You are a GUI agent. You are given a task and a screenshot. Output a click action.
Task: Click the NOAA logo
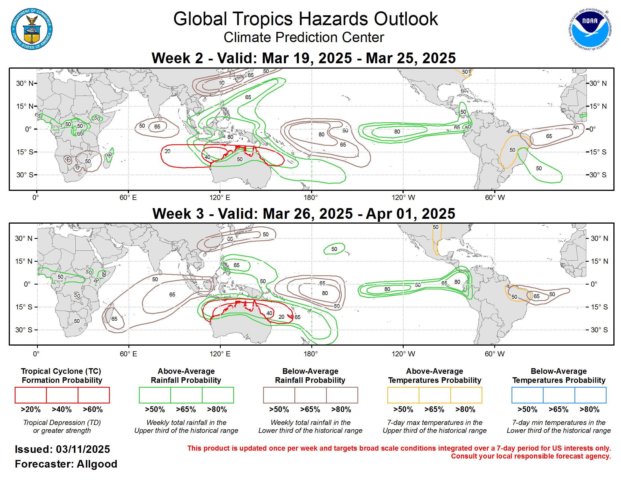[589, 29]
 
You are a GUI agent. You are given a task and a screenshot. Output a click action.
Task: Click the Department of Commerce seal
[32, 29]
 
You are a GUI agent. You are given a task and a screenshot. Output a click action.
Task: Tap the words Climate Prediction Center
[303, 38]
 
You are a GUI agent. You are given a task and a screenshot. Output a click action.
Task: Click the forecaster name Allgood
[97, 464]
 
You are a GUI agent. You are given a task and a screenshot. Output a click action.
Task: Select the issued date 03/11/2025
[83, 449]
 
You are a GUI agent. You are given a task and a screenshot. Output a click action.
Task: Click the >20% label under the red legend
[30, 409]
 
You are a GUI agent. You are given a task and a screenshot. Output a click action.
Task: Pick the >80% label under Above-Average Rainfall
[217, 409]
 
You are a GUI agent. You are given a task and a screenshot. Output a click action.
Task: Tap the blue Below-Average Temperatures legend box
[558, 395]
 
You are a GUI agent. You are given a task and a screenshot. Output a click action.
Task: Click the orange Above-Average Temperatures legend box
[434, 395]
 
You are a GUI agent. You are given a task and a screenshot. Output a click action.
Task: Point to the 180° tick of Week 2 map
[311, 197]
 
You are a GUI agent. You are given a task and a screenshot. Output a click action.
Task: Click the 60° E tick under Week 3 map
[128, 354]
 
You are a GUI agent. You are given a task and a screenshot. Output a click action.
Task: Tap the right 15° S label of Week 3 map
[599, 307]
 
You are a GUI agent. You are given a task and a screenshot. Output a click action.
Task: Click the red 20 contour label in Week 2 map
[167, 151]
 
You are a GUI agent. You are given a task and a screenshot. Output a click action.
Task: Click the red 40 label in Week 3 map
[269, 313]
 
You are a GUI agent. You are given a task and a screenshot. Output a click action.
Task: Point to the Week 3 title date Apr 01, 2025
[410, 214]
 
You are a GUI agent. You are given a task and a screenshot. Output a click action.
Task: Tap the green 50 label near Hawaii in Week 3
[334, 249]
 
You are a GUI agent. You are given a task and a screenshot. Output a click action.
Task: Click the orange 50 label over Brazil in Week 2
[512, 150]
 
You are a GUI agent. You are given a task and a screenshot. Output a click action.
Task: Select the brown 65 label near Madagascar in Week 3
[114, 319]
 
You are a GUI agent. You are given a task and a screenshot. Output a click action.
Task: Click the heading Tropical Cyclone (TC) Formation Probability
[62, 376]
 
